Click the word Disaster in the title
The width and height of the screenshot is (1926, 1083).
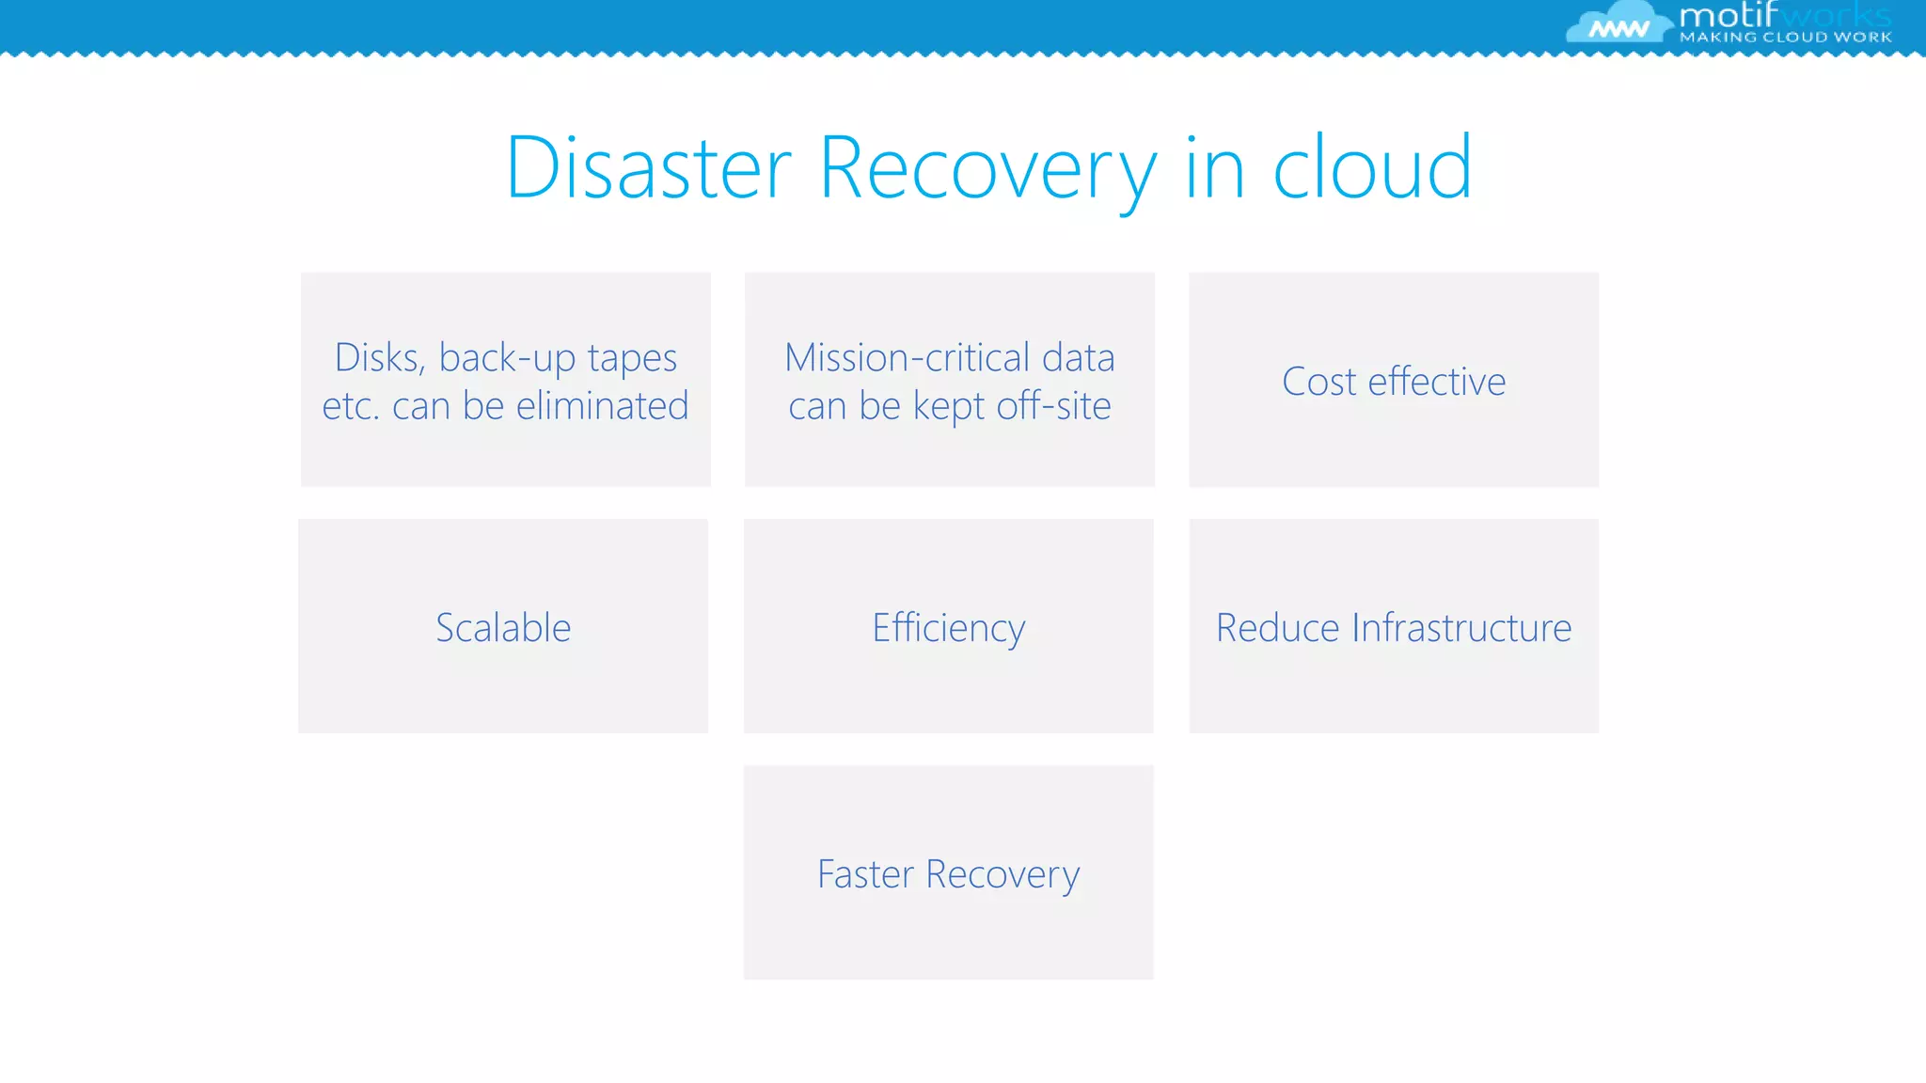pos(649,169)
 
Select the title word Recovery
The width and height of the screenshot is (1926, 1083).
pos(987,169)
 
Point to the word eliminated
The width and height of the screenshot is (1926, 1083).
pos(602,406)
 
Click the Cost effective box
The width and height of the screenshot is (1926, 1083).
pos(1394,381)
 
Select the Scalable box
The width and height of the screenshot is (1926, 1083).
pos(503,627)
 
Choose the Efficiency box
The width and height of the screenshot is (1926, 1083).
pos(948,627)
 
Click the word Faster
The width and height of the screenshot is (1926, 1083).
pos(865,874)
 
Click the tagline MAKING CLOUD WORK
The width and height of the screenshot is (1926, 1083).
pos(1785,38)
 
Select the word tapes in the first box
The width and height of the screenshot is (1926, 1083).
pos(632,358)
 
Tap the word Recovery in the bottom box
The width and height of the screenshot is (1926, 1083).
pos(1002,874)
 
